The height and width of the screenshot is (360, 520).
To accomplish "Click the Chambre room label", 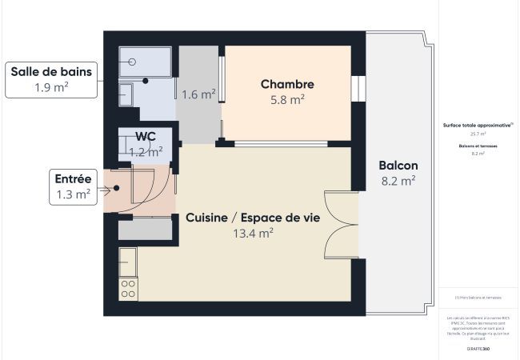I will (x=287, y=84).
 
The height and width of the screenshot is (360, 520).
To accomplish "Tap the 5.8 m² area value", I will (x=287, y=100).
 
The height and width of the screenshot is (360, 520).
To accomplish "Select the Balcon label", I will (x=398, y=166).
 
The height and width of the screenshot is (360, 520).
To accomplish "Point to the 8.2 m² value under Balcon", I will (x=398, y=182).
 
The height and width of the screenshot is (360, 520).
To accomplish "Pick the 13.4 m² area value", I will (x=253, y=234).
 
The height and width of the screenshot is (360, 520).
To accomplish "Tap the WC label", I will (x=146, y=136).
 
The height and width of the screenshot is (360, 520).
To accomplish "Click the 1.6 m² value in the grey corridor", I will (x=199, y=94).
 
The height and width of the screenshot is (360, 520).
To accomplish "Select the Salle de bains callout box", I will (x=51, y=79).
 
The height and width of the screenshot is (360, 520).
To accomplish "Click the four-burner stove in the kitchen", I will (x=129, y=289).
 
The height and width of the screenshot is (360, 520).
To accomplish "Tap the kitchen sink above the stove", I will (x=128, y=262).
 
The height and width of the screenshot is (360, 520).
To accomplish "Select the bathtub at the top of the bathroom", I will (x=145, y=60).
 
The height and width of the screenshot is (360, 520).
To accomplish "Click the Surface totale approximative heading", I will (x=478, y=126).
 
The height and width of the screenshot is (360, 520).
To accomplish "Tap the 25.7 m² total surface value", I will (x=478, y=134).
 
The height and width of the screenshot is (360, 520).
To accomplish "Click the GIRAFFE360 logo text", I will (x=478, y=350).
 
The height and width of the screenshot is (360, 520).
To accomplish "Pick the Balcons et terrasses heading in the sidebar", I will (x=478, y=146).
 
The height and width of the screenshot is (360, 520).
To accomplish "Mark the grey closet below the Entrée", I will (x=145, y=229).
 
